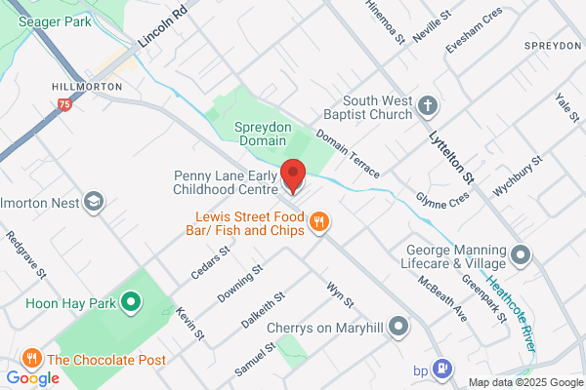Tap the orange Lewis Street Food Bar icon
[318, 223]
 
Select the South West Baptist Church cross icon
[428, 105]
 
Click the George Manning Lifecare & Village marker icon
[521, 255]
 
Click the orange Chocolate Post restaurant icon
[33, 358]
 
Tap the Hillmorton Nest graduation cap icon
[94, 202]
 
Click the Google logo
[33, 377]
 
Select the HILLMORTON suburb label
[85, 87]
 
